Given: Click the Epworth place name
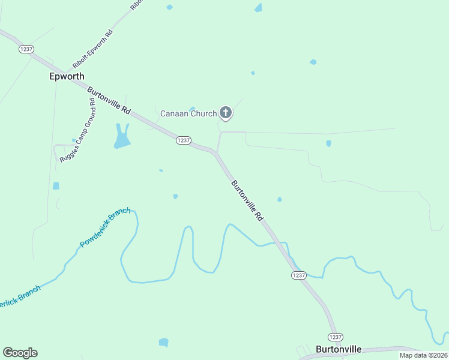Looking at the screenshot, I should tap(66, 76).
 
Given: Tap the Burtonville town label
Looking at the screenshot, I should tap(339, 349).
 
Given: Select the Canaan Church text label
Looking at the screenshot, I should tap(188, 113).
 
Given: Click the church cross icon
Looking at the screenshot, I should tap(226, 112).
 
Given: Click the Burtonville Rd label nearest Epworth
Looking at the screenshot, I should tap(109, 101).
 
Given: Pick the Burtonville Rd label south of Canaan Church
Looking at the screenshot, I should tap(247, 200).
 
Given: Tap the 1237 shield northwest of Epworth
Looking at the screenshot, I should tap(26, 49).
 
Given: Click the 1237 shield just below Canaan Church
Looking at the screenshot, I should tap(184, 140).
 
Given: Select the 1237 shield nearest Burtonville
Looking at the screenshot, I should tap(335, 336).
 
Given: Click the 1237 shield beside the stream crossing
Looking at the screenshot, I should tap(299, 275).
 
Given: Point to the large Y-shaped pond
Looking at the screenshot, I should tap(122, 137).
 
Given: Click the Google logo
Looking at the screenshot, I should tap(20, 353).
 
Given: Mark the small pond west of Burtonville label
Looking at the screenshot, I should tap(163, 342).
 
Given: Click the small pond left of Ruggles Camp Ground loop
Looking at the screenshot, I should tap(56, 186).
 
